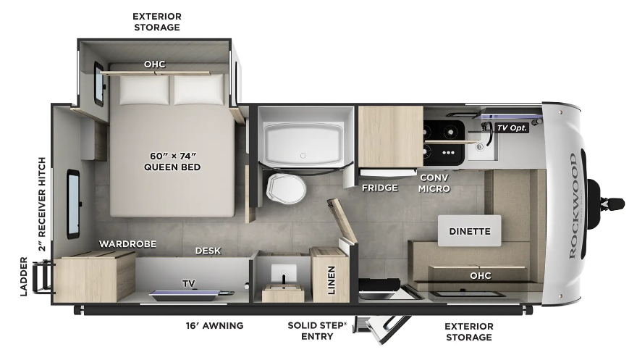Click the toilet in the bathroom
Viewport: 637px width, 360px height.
[287, 188]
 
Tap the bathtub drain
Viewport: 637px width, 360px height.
[303, 156]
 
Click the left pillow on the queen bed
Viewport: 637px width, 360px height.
[144, 90]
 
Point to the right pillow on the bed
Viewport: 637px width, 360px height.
[199, 89]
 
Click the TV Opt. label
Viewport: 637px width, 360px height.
[512, 128]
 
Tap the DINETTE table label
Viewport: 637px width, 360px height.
[470, 231]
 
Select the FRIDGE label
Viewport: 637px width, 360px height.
[380, 188]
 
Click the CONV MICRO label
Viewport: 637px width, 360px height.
[434, 183]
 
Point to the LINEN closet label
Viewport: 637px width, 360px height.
[332, 280]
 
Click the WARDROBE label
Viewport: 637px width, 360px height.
[127, 244]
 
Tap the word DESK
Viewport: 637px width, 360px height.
[208, 251]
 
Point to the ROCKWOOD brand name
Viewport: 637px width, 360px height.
[573, 206]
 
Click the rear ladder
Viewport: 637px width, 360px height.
[43, 277]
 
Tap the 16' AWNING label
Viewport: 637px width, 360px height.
[214, 325]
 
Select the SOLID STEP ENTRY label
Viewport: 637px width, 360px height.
[317, 331]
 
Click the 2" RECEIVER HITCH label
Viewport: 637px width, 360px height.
[42, 204]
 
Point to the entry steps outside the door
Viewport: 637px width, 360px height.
[382, 327]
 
